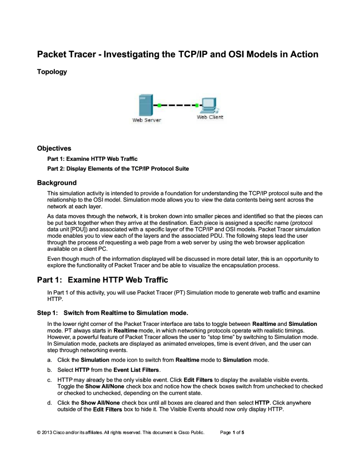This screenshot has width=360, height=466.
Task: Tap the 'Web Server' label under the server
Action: (x=147, y=120)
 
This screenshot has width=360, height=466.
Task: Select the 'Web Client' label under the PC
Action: (x=210, y=117)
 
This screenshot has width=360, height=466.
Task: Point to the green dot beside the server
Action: (x=160, y=105)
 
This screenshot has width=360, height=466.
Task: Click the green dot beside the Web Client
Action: (x=197, y=105)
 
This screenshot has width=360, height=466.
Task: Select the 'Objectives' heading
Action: (x=54, y=148)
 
